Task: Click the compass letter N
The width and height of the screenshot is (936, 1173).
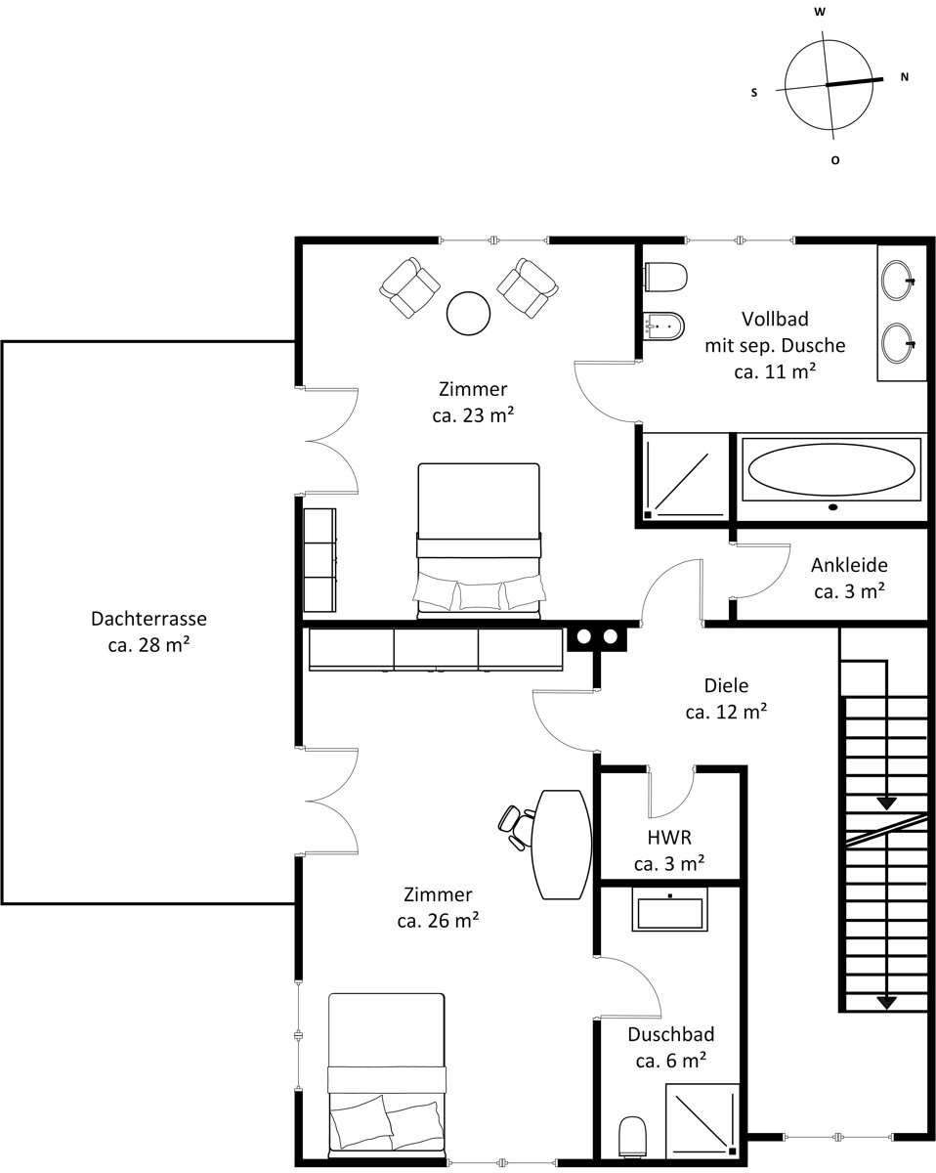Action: point(905,77)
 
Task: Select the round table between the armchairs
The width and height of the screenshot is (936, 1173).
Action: point(469,314)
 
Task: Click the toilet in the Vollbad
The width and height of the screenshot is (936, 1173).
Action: point(665,278)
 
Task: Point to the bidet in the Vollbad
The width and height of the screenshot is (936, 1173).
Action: point(664,326)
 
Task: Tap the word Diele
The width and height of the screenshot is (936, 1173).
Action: point(726,685)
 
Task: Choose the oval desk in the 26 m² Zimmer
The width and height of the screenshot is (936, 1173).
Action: point(561,845)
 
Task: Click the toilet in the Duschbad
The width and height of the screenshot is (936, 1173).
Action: point(632,1137)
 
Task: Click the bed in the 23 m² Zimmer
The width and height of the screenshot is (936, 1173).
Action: point(479,542)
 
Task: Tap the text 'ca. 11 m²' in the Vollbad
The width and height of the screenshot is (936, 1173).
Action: point(775,371)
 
